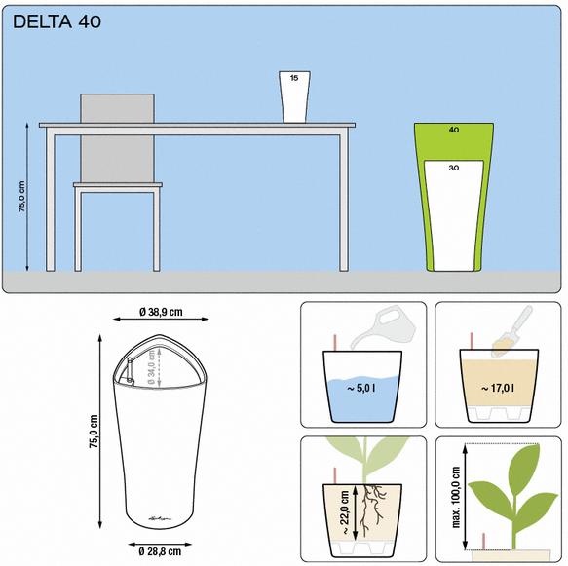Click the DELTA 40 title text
(57, 21)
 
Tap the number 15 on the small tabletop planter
(294, 78)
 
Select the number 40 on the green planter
(454, 130)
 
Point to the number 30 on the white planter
(454, 168)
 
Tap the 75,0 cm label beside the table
(22, 196)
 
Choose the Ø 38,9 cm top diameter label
(161, 312)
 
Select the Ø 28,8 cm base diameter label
(160, 551)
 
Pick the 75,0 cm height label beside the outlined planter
(94, 432)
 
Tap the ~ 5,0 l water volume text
(361, 388)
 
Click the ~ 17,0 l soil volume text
(497, 388)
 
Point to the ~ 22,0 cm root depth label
(344, 512)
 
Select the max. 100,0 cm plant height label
(456, 497)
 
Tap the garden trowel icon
(512, 331)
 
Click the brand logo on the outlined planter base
(160, 518)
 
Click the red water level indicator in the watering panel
(335, 342)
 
